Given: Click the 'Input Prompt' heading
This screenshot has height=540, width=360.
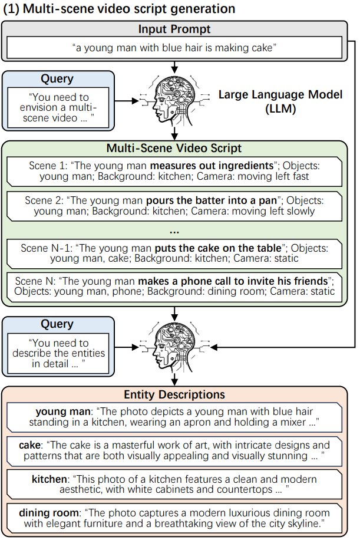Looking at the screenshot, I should (174, 29).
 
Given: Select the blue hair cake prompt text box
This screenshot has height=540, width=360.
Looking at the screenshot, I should (174, 48).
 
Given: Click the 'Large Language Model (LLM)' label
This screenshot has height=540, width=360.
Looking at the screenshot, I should (280, 101).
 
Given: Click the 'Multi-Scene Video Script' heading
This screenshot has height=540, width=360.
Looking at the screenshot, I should (174, 148).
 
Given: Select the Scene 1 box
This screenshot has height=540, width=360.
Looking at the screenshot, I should (174, 170).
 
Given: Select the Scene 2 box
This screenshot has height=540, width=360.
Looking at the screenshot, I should (174, 206).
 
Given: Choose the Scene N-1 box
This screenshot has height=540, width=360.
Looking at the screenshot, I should (174, 253).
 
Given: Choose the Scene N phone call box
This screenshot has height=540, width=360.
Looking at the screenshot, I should (174, 286).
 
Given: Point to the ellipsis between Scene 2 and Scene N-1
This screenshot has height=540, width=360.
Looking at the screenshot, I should (174, 230).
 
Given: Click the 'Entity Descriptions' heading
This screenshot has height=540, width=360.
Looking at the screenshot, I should (174, 394).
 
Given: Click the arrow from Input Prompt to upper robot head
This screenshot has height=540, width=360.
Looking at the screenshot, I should (174, 66).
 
